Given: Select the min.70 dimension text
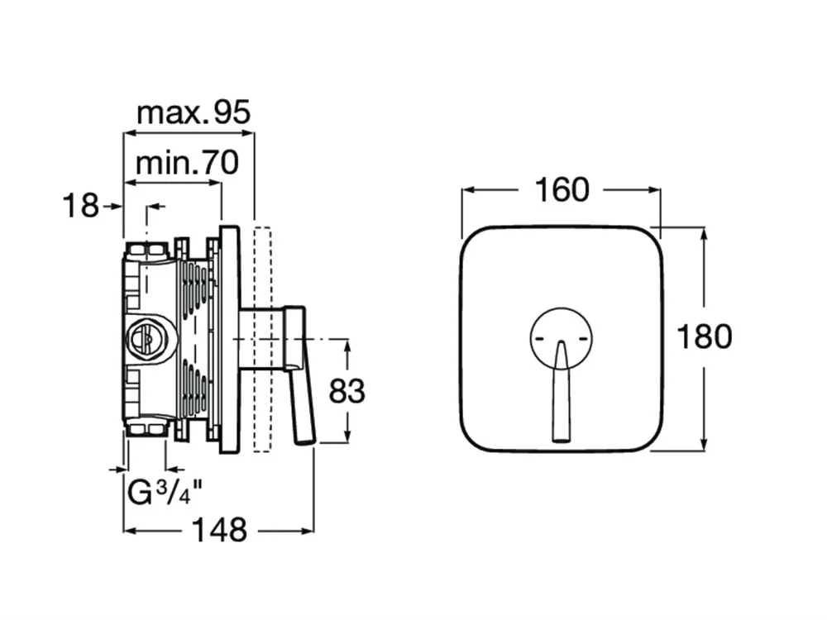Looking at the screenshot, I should (187, 162).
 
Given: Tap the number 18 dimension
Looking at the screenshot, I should (80, 206).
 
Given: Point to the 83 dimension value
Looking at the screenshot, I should (347, 391).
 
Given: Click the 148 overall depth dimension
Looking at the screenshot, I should (219, 530).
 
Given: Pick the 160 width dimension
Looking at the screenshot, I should (562, 190).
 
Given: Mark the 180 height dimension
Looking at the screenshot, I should (704, 337).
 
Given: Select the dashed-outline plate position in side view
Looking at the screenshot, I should (263, 339).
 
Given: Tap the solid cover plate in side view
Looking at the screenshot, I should (230, 339).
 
